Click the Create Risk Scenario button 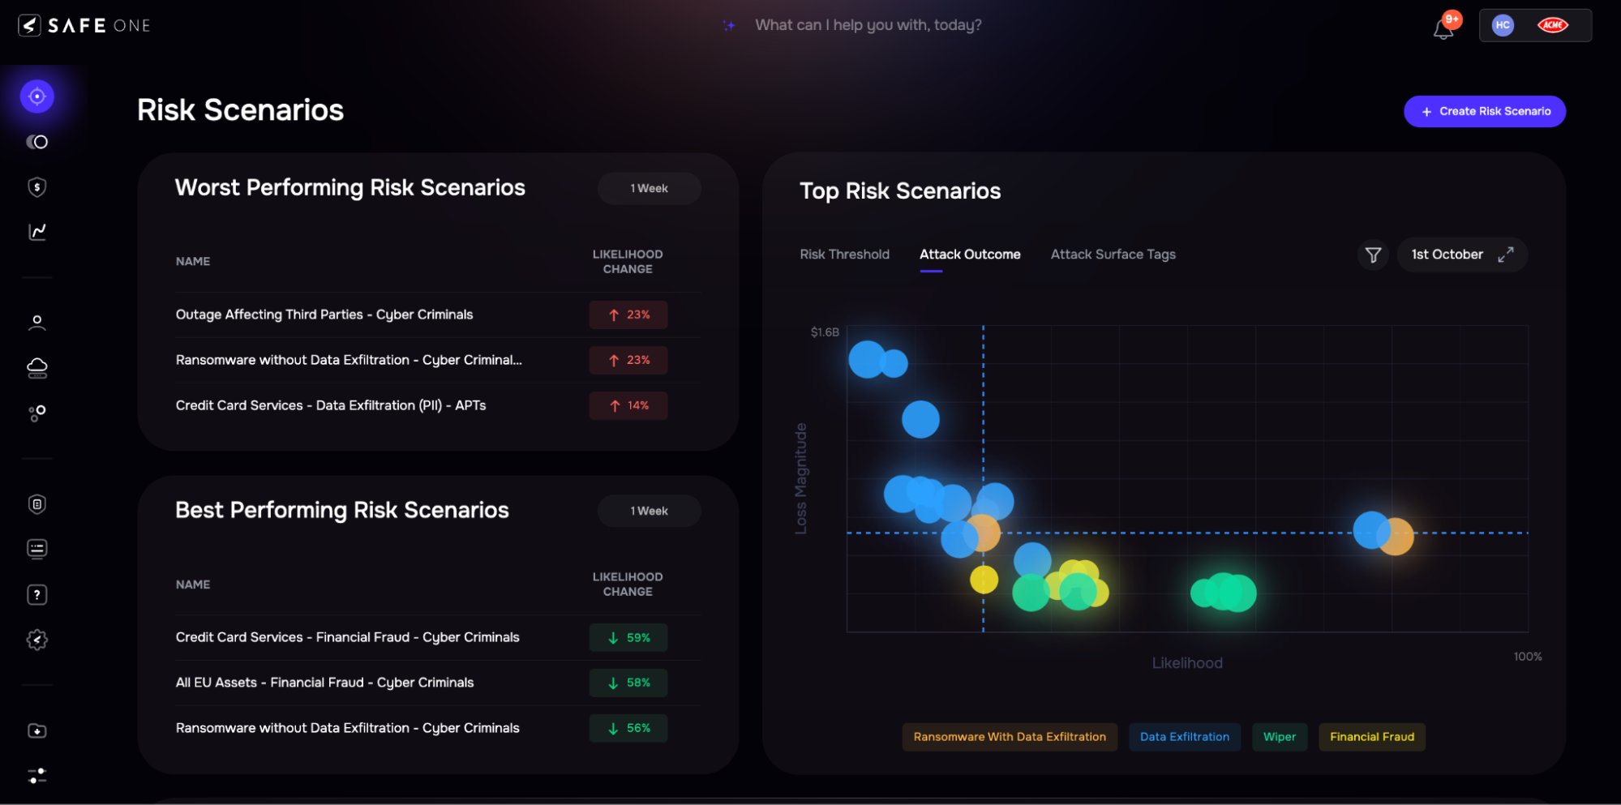coord(1484,112)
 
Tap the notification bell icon coord(1443,28)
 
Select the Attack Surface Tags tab coord(1113,255)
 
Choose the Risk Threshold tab coord(844,255)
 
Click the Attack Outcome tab coord(970,255)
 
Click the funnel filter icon coord(1373,255)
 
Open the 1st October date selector coord(1447,255)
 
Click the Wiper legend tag coord(1279,737)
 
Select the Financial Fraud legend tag coord(1371,737)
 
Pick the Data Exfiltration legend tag coord(1184,737)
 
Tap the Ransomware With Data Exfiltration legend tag coord(1009,737)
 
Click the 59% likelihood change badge coord(628,638)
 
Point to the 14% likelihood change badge coord(628,406)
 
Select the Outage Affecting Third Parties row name coord(324,315)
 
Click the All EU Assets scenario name coord(324,683)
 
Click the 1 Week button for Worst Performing coord(649,189)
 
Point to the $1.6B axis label coord(825,332)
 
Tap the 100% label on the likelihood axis coord(1527,657)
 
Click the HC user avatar coord(1503,25)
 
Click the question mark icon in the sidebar coord(37,595)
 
